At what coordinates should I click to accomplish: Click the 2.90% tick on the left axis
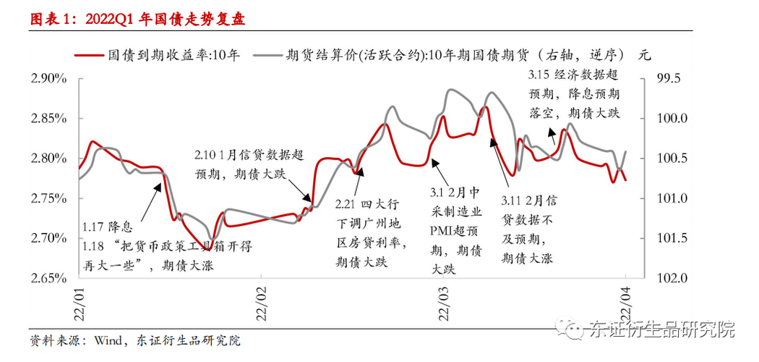click(x=48, y=78)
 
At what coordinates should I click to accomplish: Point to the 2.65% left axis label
click(x=48, y=278)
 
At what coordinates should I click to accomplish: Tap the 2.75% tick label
click(x=48, y=198)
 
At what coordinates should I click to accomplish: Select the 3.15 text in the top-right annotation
click(x=539, y=75)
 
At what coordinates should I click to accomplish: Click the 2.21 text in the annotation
click(x=349, y=206)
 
